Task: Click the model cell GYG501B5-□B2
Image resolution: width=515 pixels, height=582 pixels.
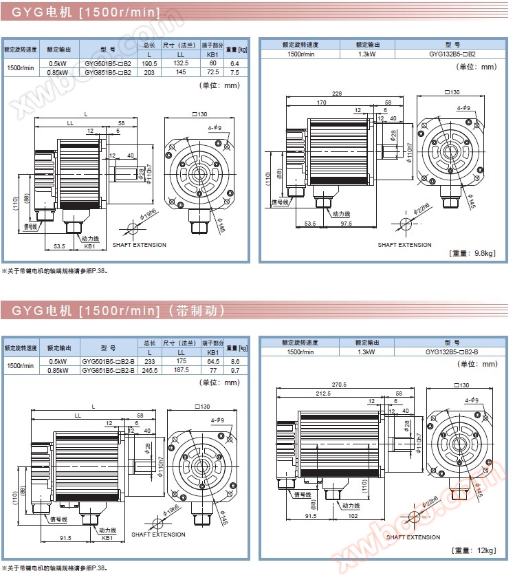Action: click(x=108, y=63)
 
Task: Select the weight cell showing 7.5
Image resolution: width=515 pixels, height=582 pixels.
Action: click(x=235, y=72)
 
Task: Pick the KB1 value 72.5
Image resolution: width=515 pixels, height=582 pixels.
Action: click(x=212, y=72)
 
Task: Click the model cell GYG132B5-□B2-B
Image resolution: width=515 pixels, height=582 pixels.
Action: click(x=452, y=352)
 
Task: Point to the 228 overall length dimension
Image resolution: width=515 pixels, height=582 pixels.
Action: click(x=336, y=94)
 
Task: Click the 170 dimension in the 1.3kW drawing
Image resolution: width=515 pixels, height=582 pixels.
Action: click(x=321, y=103)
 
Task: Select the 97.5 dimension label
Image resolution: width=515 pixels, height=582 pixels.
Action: click(x=345, y=224)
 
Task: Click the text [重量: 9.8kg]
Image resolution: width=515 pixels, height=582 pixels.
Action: click(x=472, y=253)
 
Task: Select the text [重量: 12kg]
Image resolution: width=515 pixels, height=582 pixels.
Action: click(x=474, y=550)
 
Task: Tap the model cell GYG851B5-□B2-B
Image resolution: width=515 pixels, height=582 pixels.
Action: click(x=109, y=370)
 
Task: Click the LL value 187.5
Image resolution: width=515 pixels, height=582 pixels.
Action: click(x=182, y=370)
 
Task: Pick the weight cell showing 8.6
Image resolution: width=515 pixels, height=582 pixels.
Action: click(x=235, y=361)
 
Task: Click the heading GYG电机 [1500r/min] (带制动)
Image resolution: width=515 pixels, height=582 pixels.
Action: click(x=118, y=311)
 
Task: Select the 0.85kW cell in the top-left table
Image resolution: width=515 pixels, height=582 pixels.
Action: click(x=58, y=72)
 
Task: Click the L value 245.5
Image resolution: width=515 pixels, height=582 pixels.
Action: click(x=149, y=370)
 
